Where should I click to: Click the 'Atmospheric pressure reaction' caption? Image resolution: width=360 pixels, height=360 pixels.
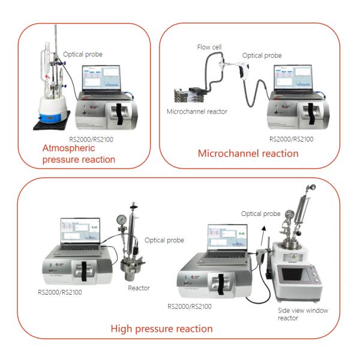tap(79, 154)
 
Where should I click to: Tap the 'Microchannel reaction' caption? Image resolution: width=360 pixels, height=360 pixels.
tap(248, 154)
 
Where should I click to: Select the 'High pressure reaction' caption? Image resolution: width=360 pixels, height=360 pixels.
tap(161, 328)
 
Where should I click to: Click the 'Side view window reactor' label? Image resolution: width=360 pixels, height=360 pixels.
tap(298, 313)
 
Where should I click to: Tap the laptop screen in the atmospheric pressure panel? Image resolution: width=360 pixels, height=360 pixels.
tap(103, 77)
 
